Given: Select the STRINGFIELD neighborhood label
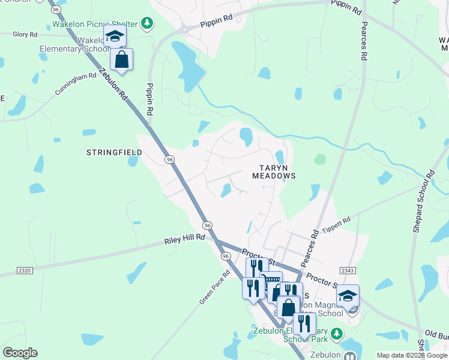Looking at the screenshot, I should [x=114, y=152].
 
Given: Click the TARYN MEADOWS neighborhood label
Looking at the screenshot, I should [x=277, y=172].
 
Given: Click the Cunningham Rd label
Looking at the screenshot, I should [x=76, y=85].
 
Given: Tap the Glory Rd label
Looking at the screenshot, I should [x=25, y=35].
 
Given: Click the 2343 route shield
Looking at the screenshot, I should [x=348, y=270].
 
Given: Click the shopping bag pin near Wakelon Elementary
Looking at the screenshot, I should [x=122, y=59].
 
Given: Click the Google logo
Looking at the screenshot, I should [x=20, y=353].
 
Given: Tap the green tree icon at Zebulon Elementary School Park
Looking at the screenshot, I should [x=337, y=333].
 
